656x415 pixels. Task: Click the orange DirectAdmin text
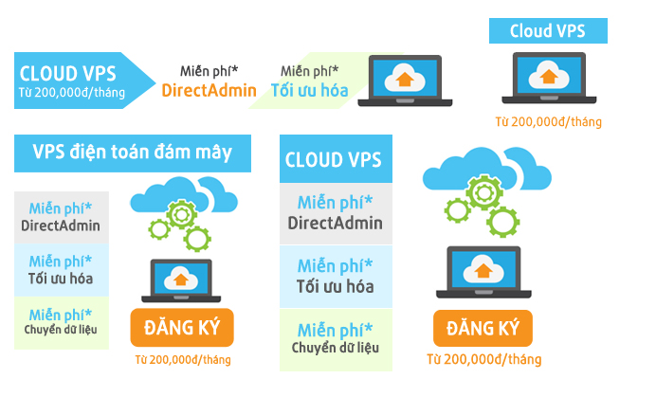(x=210, y=91)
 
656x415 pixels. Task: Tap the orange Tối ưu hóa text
(x=310, y=91)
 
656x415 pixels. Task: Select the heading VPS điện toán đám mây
(x=133, y=153)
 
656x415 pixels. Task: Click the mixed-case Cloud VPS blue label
(x=547, y=31)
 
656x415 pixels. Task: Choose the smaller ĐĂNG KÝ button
(x=182, y=328)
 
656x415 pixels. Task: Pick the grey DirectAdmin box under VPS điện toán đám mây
(x=61, y=217)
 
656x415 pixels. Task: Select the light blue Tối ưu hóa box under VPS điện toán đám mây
(x=61, y=269)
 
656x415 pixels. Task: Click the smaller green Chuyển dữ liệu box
(x=61, y=322)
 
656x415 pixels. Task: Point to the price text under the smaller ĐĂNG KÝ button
(x=182, y=360)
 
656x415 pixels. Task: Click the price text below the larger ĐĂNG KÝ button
(x=483, y=360)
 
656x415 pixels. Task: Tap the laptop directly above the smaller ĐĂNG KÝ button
(x=180, y=279)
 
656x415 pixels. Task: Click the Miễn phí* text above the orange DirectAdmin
(x=209, y=71)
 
